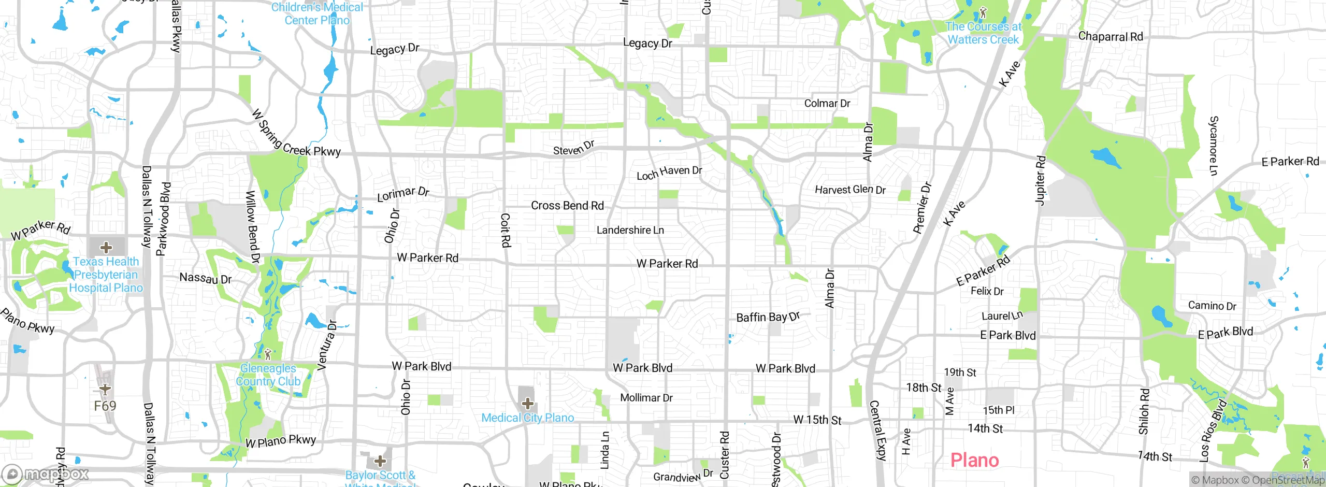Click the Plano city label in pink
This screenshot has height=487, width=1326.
(974, 460)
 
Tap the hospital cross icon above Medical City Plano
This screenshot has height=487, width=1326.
(527, 403)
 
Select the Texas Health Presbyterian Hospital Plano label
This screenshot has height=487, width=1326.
(106, 275)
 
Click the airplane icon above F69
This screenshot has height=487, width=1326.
(105, 389)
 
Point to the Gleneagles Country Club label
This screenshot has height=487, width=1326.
(268, 375)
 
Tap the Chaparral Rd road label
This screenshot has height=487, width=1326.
(1110, 36)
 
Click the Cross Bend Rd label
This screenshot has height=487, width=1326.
(567, 206)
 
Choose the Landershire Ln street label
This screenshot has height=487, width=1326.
(630, 230)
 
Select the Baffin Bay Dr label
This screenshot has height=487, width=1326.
(768, 317)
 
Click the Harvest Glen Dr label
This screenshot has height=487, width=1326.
(850, 190)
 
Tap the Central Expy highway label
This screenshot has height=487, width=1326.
(877, 430)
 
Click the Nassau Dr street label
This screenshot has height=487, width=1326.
(205, 278)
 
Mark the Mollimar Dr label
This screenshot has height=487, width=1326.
(646, 398)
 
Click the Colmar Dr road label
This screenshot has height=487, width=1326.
(827, 103)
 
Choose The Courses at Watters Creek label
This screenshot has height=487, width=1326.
(983, 33)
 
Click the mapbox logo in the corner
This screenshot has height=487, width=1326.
(46, 474)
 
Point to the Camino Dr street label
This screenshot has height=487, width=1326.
(1212, 306)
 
